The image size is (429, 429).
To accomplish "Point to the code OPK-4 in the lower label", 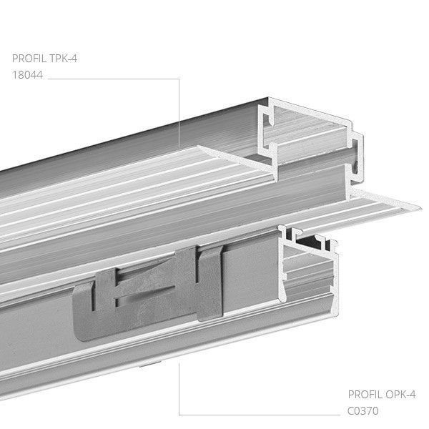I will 401,394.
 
